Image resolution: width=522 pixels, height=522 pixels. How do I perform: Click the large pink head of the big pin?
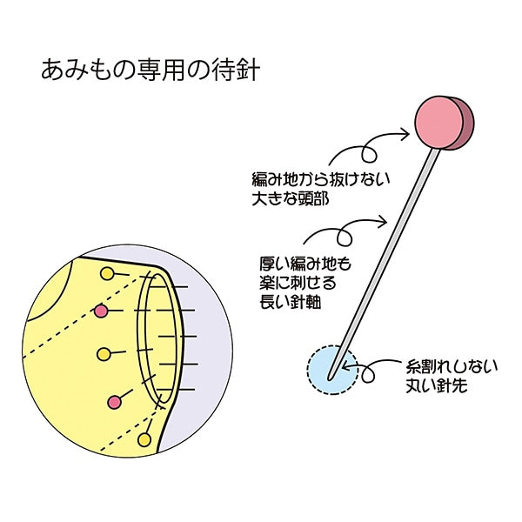444,124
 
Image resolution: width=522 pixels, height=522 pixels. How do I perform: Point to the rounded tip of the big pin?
330,378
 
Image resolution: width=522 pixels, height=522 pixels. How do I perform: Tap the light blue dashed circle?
332,370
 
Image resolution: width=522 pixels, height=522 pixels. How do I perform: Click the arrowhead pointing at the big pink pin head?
405,134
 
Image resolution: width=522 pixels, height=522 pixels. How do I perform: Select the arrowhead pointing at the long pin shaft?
382,221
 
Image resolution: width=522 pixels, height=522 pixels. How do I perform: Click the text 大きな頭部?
291,199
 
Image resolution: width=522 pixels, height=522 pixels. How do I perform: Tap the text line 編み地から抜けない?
320,180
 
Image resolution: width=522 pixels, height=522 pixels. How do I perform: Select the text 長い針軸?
290,303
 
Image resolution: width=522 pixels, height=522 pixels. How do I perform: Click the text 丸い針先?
437,386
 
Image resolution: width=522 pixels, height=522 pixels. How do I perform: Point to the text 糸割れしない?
452,367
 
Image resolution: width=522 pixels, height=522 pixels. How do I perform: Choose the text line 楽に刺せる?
298,284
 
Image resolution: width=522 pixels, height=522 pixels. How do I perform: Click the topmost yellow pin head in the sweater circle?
107,274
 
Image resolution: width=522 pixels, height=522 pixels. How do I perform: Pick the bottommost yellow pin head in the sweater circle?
144,439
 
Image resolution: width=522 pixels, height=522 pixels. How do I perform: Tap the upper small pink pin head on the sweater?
101,311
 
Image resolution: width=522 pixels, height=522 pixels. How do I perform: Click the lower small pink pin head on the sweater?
115,402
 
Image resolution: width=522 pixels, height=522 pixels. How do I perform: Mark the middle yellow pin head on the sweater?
104,354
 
